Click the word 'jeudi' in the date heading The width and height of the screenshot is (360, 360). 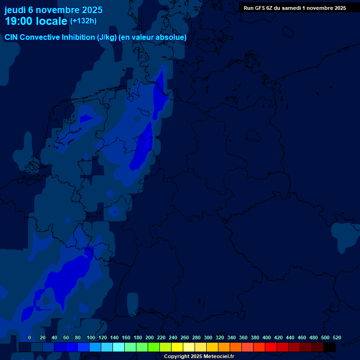(x=15, y=10)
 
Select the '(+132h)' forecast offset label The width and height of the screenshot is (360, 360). (x=83, y=21)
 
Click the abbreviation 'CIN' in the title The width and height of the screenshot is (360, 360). (x=11, y=37)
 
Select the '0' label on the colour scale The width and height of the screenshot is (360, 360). (x=30, y=337)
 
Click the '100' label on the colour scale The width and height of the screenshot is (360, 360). (x=90, y=337)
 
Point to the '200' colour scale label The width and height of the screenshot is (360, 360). (x=149, y=337)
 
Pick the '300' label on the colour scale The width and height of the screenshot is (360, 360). (x=208, y=337)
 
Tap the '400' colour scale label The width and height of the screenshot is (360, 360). (x=266, y=337)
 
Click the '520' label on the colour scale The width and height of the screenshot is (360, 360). (x=337, y=337)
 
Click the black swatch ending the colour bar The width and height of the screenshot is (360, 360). (x=329, y=347)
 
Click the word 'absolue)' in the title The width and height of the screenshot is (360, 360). (x=172, y=37)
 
